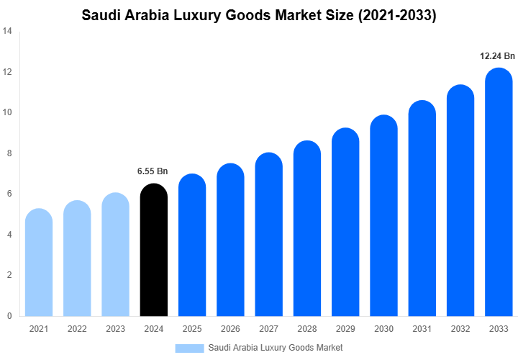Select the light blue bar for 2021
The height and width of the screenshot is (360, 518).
(39, 262)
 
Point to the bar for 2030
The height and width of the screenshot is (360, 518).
(384, 215)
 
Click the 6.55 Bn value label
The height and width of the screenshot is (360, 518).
(153, 171)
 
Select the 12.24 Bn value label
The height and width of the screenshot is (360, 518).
(498, 55)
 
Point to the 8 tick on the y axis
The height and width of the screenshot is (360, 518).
(9, 153)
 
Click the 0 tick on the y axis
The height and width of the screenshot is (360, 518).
(9, 315)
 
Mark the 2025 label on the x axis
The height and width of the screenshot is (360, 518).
(192, 329)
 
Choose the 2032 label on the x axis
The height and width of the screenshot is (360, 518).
(461, 329)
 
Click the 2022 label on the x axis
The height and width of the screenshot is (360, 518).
(77, 329)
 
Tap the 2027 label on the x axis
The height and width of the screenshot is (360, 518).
(269, 329)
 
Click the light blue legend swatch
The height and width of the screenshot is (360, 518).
(189, 348)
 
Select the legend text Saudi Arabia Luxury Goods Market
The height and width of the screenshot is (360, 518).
(276, 348)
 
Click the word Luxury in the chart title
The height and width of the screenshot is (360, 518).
(209, 15)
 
